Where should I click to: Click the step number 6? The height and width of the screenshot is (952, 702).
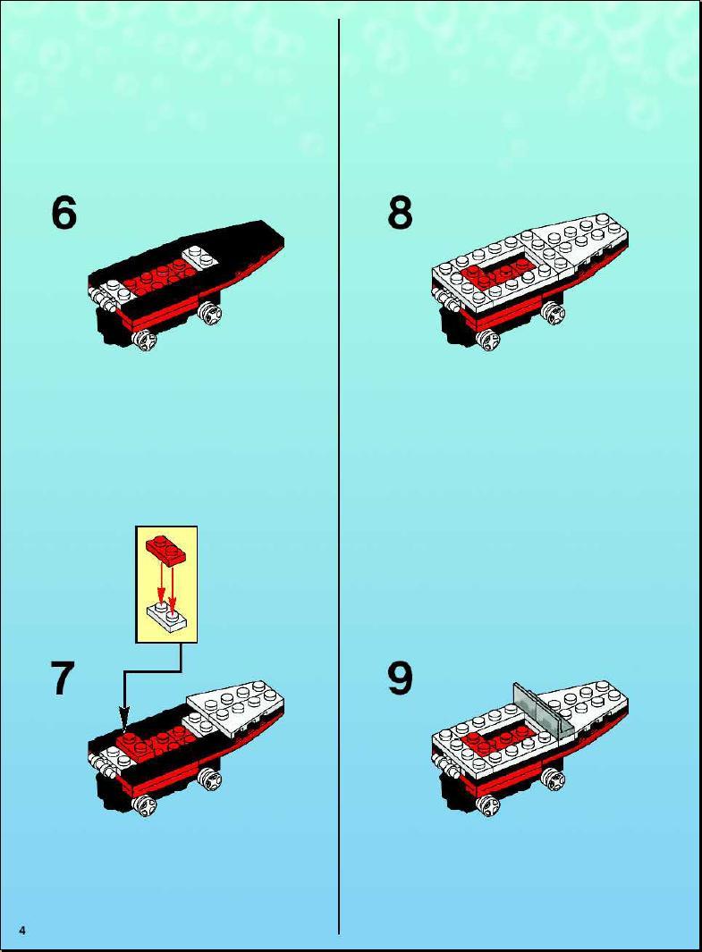tap(63, 213)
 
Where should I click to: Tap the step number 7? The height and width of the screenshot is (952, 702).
tap(62, 678)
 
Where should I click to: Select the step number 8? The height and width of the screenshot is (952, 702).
tap(401, 213)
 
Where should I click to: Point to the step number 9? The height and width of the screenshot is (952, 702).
tap(401, 678)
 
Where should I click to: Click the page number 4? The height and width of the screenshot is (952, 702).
tap(22, 931)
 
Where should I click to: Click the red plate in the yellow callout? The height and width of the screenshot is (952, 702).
tap(165, 549)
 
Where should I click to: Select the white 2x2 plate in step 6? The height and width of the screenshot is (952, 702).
tap(199, 257)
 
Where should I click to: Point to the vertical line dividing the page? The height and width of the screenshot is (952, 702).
tap(339, 476)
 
